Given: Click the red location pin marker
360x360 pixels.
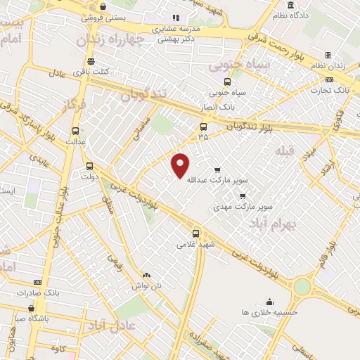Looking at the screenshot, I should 181,165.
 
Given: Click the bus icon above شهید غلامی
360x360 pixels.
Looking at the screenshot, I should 195,233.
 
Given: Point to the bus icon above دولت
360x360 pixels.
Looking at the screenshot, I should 89,167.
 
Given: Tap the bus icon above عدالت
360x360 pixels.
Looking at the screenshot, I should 75,131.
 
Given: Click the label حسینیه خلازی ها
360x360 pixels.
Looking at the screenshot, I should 269,311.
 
